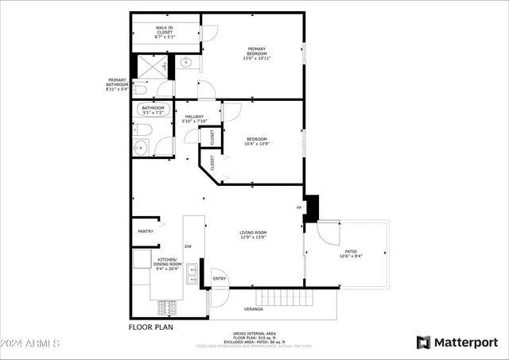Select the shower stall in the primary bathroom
[x=151, y=66]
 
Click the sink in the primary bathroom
[x=185, y=63]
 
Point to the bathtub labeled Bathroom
[x=153, y=110]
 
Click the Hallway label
[x=194, y=117]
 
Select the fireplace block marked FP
[x=312, y=208]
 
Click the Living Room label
[x=253, y=234]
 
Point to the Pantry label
[x=146, y=231]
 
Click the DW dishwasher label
[x=188, y=246]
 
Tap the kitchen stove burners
[x=169, y=305]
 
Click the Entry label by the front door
[x=220, y=278]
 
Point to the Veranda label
[x=253, y=309]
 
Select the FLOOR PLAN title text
[x=150, y=326]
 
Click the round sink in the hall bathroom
[x=141, y=147]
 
